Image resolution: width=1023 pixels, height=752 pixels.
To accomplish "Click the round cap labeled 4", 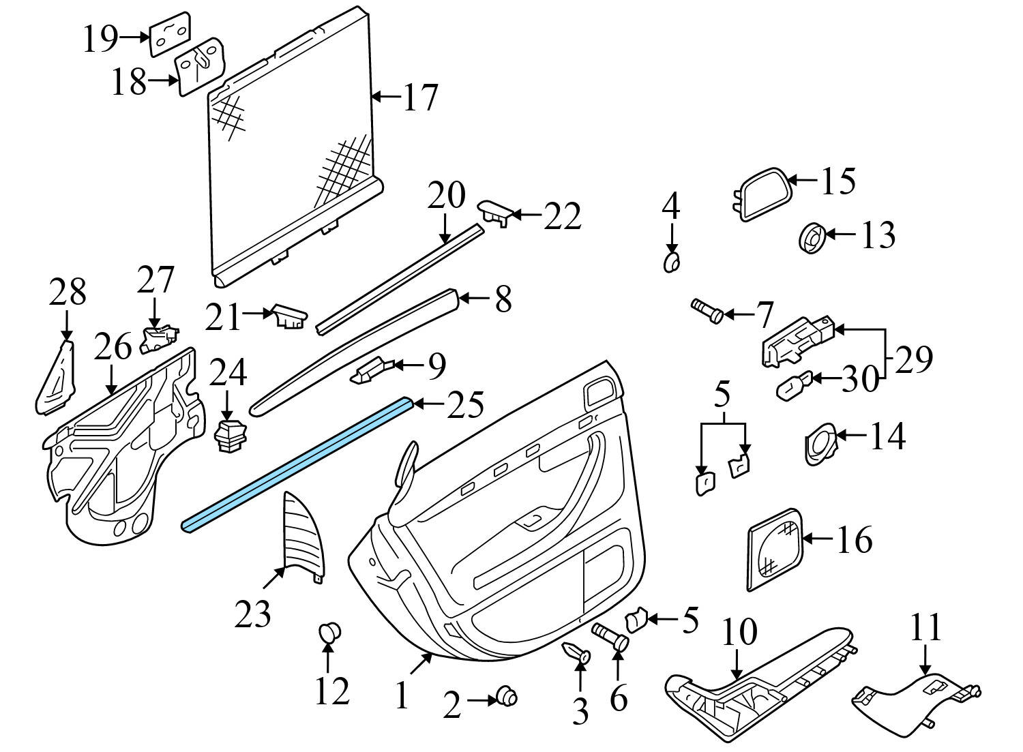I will point(672,262).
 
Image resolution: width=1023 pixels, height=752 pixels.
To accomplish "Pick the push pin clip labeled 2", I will point(507,696).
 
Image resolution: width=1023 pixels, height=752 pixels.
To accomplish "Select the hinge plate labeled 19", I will point(170,34).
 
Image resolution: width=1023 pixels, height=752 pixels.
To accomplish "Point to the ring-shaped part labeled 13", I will point(812,240).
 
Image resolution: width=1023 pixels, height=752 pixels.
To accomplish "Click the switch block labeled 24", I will point(229,436).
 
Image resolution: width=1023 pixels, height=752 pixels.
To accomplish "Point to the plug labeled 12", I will point(329,633).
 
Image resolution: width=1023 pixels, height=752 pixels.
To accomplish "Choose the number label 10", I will point(739,631).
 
